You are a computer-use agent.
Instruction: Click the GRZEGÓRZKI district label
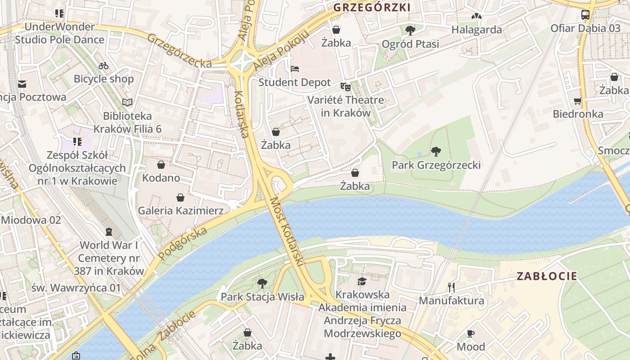point(372,8)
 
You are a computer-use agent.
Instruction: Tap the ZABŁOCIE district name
point(547,276)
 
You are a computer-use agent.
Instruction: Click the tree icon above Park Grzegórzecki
point(436,151)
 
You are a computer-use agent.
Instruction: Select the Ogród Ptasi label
point(410,44)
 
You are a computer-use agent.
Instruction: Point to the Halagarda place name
point(477,30)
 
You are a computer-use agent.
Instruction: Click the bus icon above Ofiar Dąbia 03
point(585,14)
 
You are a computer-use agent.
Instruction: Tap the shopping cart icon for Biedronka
point(578,101)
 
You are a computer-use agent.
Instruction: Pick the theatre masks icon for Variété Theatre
point(345,86)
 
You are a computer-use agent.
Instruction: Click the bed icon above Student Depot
point(295,69)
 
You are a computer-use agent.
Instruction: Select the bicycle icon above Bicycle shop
point(103,66)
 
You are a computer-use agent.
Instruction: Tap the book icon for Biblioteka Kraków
point(127,103)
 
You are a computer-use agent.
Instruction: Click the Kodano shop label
point(161,178)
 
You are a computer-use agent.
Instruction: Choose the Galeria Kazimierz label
point(180,210)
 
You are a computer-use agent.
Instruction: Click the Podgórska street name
point(183,243)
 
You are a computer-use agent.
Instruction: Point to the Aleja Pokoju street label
point(282,50)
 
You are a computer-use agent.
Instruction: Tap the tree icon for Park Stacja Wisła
point(262,283)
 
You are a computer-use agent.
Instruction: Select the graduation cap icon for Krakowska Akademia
point(362,281)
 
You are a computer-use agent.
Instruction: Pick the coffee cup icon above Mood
point(471,333)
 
